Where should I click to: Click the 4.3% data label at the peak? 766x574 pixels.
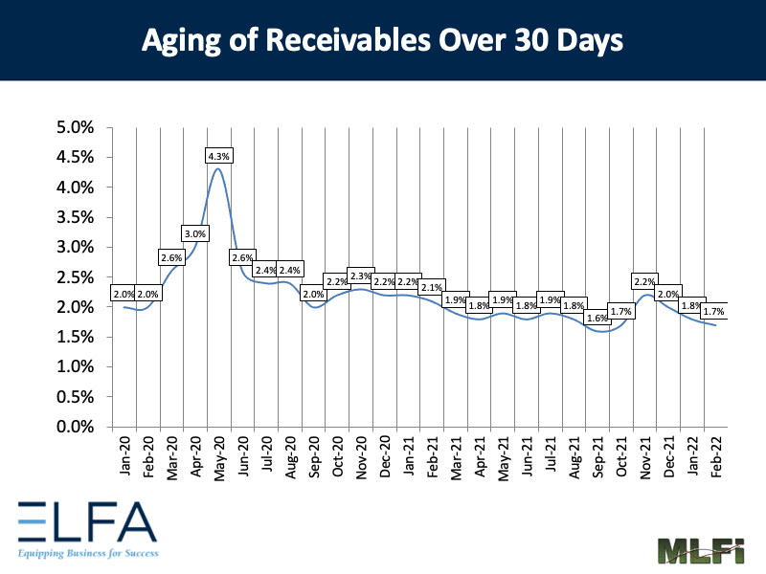[x=219, y=155]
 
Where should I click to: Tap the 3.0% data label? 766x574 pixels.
[x=195, y=233]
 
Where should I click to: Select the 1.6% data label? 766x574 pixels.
[x=597, y=319]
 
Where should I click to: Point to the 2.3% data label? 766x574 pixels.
[x=361, y=276]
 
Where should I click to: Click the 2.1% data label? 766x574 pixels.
[x=432, y=288]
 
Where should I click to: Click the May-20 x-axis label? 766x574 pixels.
[x=219, y=457]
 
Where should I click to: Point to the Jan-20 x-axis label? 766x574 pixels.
[x=124, y=457]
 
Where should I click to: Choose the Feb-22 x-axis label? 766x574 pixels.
[x=716, y=457]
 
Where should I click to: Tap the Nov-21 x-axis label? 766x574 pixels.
[x=645, y=457]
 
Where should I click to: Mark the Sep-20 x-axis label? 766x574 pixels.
[x=314, y=457]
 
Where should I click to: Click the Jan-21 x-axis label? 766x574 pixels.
[x=409, y=457]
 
